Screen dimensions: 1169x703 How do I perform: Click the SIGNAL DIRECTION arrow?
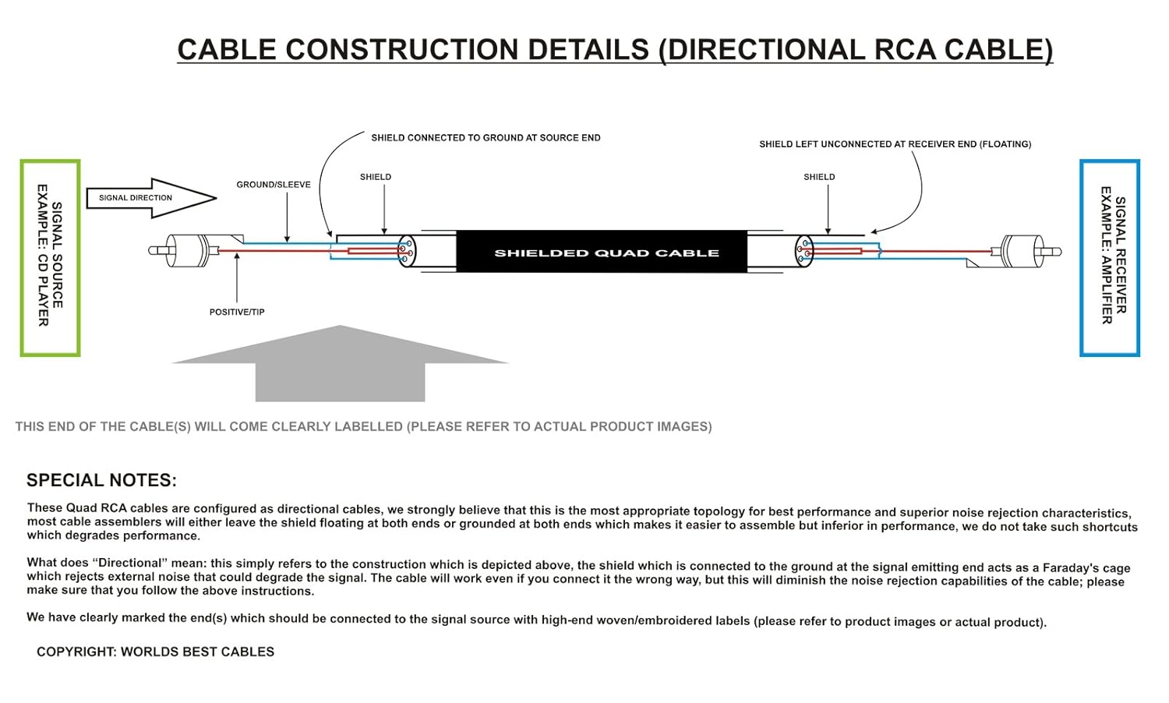point(148,198)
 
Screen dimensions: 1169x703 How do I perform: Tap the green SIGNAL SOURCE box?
point(50,258)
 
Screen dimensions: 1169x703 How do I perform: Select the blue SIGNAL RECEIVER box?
point(1110,258)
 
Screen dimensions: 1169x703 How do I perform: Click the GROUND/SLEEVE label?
point(274,185)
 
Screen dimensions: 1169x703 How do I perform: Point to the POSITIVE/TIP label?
point(237,312)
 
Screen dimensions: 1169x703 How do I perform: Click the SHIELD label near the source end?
point(376,177)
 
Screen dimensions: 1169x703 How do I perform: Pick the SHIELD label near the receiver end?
point(819,177)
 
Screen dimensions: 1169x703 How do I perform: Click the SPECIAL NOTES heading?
point(102,480)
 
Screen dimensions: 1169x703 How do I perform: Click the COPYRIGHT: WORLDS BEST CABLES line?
point(156,652)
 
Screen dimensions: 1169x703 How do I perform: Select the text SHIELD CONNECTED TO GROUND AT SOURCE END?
point(486,138)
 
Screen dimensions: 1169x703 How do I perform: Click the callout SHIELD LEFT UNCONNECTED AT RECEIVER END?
point(895,144)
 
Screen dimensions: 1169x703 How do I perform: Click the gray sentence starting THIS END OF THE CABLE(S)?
point(363,426)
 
